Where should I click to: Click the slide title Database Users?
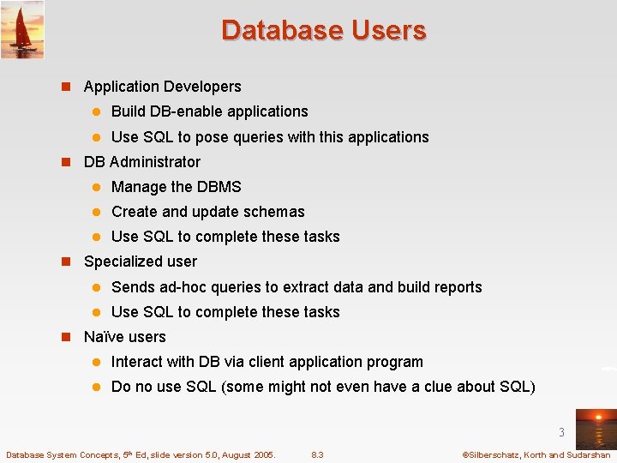coord(323,30)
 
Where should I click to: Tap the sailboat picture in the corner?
coord(22,30)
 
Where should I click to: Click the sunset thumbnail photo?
coord(596,428)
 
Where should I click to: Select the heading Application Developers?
coord(162,87)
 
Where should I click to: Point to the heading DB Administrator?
coord(141,162)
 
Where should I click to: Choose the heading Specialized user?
coord(140,262)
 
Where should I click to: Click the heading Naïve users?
coord(124,337)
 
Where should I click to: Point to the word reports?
coord(457,287)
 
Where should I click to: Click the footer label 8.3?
coord(317,454)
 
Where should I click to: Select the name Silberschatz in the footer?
coord(495,454)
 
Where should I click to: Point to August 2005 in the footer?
coord(248,454)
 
